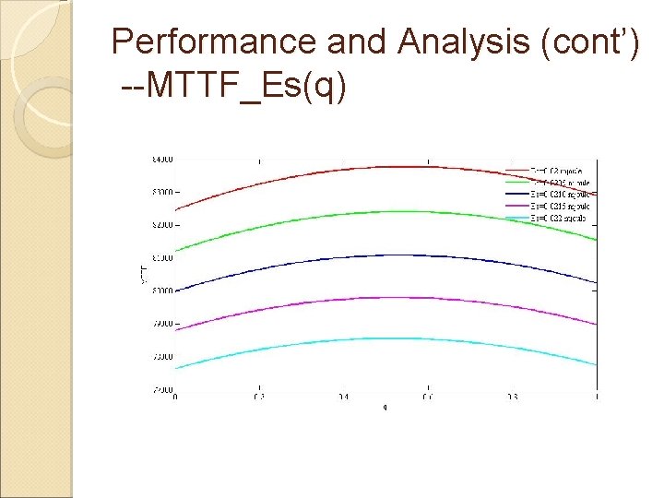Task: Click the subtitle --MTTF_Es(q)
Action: [x=234, y=89]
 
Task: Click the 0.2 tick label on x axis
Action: [x=259, y=397]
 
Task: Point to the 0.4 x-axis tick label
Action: [x=343, y=397]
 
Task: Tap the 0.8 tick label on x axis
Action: [x=512, y=397]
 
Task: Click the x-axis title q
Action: [x=386, y=408]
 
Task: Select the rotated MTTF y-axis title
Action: [x=143, y=272]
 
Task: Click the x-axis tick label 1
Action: [x=597, y=397]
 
